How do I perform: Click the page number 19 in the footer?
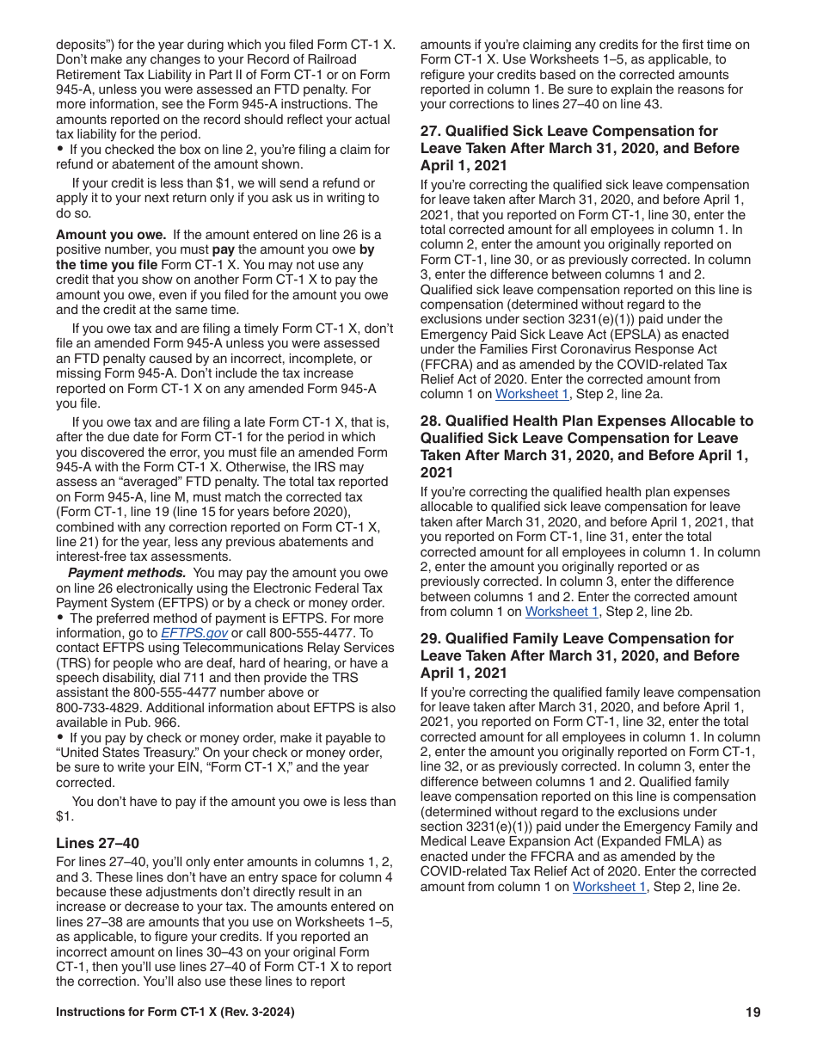click(752, 1012)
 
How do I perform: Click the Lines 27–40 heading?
click(97, 843)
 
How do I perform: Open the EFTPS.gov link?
click(194, 633)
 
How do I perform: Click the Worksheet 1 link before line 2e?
click(609, 887)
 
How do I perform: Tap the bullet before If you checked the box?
click(60, 150)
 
